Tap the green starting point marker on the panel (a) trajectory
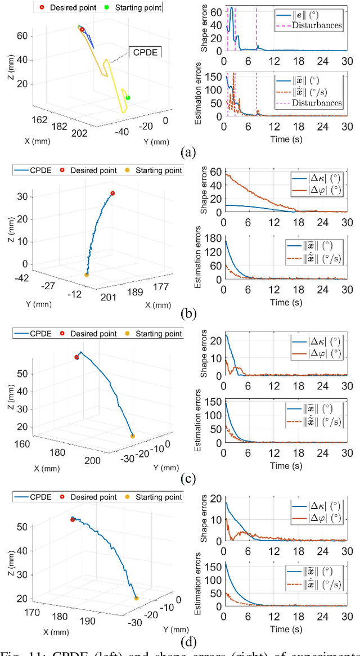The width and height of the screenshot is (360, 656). tap(128, 97)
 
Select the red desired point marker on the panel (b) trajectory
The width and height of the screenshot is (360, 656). tap(112, 194)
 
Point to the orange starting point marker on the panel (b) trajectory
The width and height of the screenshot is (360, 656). tap(86, 275)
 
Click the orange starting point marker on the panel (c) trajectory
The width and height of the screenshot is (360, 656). tap(133, 436)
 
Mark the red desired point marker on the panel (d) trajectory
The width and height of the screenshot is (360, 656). tap(73, 519)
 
